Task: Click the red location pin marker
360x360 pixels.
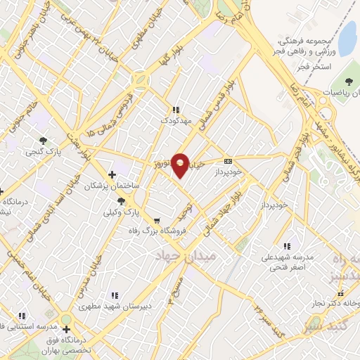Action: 181,165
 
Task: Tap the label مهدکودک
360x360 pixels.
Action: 175,121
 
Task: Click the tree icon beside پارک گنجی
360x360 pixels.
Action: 44,140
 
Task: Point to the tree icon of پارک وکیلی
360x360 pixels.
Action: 122,202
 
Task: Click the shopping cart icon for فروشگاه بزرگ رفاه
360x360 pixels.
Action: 156,220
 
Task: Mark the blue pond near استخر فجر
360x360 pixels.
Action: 349,32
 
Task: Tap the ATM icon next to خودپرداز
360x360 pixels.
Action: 227,160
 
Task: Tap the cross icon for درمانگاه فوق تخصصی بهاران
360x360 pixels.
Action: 66,328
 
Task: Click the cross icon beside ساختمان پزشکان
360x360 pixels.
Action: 111,174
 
